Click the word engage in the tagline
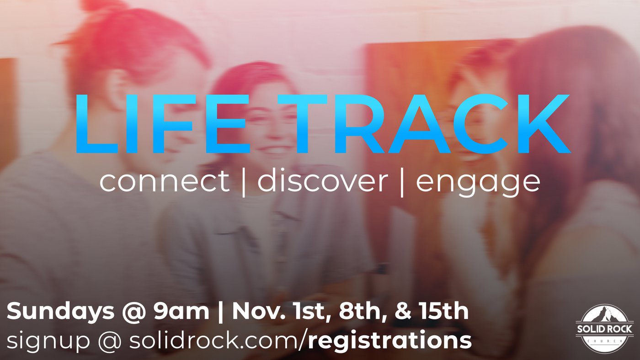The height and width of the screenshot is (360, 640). coord(478,184)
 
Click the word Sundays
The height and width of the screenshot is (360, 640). coord(60,312)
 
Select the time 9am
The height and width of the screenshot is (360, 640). coord(181,312)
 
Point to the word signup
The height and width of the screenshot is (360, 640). coord(48,341)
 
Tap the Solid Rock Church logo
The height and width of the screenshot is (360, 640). coord(604,329)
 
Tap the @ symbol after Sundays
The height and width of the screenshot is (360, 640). coord(133,312)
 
